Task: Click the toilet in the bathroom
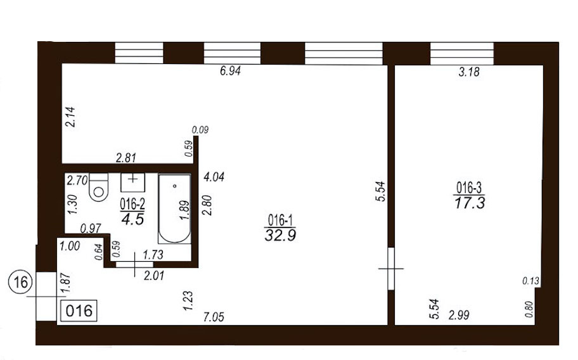99,187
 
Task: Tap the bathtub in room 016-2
175,209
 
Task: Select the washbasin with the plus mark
132,183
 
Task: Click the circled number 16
21,283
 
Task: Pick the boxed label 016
79,311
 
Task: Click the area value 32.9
280,235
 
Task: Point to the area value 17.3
470,202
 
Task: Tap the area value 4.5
132,219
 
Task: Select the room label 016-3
469,188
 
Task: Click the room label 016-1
280,221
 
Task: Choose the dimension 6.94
231,71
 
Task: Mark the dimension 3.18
469,72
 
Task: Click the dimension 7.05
214,316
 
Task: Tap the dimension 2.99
459,315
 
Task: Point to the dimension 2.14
70,117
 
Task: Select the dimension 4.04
214,177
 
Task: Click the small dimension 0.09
200,130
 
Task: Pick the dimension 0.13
531,281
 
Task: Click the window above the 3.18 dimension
462,54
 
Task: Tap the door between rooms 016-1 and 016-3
391,269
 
